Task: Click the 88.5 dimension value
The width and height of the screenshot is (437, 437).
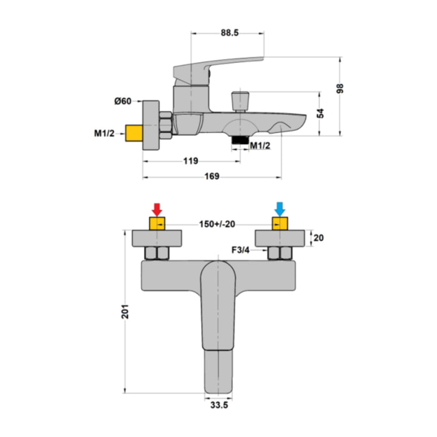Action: point(230,33)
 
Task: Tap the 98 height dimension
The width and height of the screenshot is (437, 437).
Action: point(340,89)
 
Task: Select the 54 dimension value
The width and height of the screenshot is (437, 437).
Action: point(320,114)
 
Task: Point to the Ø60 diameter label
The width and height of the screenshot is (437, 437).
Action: point(122,101)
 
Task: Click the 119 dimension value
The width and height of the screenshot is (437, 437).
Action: point(190,161)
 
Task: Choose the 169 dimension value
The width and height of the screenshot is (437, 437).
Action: point(212,177)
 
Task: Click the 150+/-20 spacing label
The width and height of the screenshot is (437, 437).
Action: point(217,224)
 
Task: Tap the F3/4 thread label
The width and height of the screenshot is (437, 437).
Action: point(240,250)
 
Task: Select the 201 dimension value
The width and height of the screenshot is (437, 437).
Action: point(125,312)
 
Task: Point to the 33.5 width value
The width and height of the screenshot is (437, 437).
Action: point(219,405)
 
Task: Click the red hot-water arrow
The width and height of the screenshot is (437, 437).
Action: point(157,209)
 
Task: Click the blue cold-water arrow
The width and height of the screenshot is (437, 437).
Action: point(280,209)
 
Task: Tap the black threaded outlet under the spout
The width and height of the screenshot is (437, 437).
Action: point(240,140)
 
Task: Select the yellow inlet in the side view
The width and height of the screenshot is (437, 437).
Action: point(134,133)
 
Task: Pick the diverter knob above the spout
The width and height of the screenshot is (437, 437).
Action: point(240,102)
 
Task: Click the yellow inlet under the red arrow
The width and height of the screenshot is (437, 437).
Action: point(157,223)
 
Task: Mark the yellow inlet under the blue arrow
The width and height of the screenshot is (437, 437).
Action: point(280,223)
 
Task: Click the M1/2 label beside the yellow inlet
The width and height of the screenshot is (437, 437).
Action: point(104,134)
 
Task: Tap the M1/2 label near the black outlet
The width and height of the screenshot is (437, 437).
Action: point(260,145)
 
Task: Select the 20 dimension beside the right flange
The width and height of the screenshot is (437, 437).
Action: point(318,238)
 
